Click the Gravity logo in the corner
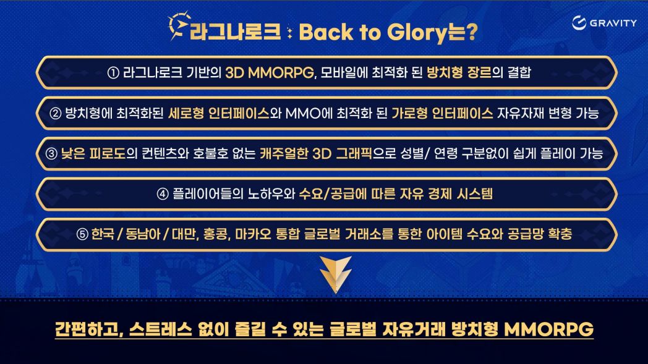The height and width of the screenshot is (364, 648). (x=604, y=23)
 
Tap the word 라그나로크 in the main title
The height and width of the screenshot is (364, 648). (x=235, y=32)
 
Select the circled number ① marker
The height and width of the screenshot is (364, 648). (x=113, y=73)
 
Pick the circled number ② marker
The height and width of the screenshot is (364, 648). (x=56, y=113)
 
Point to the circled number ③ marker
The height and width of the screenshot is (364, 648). (x=51, y=154)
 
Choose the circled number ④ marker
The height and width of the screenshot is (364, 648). (x=163, y=194)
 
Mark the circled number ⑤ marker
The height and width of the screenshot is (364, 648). (x=82, y=234)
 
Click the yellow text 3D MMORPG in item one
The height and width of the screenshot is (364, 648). (x=270, y=73)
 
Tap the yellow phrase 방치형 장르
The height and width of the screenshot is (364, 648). (x=459, y=73)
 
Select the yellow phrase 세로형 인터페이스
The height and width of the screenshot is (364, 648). (x=219, y=113)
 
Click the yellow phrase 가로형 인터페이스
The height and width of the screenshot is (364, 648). (x=442, y=113)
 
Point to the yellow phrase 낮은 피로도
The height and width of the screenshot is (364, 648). (x=93, y=154)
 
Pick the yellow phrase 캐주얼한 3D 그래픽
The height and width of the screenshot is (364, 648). (x=316, y=154)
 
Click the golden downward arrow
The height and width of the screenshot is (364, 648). (x=336, y=274)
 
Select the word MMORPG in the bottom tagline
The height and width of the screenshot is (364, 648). (x=549, y=329)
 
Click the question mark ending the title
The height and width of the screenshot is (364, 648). (x=471, y=32)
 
